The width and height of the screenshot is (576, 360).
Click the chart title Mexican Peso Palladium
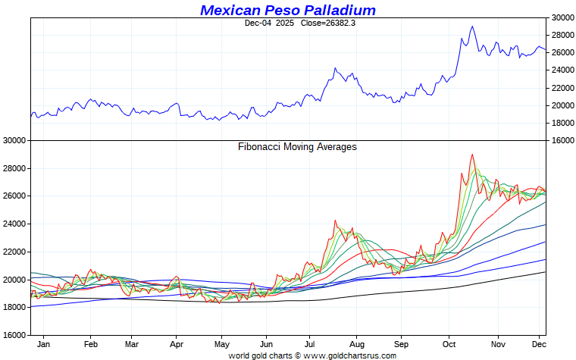coord(288,11)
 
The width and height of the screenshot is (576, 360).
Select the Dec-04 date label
coord(258,23)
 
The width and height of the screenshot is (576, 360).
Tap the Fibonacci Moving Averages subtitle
coord(297,147)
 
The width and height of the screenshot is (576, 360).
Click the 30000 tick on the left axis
coord(15,141)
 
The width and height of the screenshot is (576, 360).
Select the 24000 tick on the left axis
coord(15,224)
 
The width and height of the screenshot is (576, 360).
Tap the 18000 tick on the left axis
coord(15,307)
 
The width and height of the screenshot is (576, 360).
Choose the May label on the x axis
coord(221,343)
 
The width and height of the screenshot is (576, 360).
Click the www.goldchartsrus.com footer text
coord(349,355)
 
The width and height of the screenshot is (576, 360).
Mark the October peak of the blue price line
coord(472,27)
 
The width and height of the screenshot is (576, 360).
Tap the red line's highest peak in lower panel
coord(472,155)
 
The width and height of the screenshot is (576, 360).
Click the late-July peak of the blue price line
coord(334,68)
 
